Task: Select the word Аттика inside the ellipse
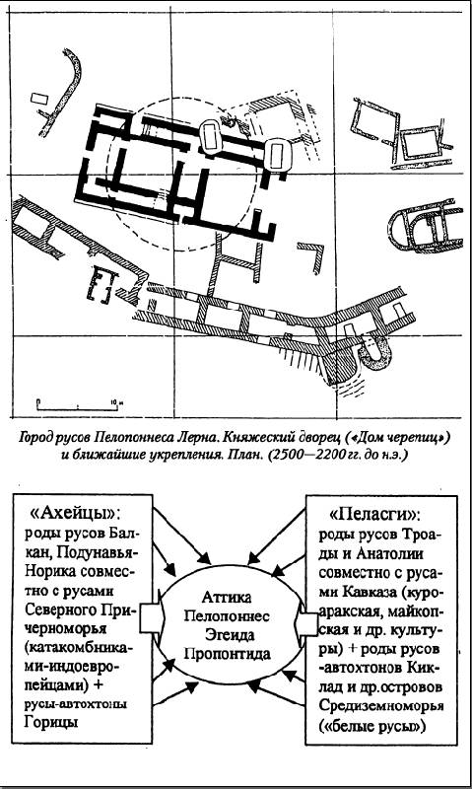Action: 228,599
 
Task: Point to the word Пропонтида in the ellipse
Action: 228,654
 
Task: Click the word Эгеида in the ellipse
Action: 228,635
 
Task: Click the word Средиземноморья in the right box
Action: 381,706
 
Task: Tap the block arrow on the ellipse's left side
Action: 150,617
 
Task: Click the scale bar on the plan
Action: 78,405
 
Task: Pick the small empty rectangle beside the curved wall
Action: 38,98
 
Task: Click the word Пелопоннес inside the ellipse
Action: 228,616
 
